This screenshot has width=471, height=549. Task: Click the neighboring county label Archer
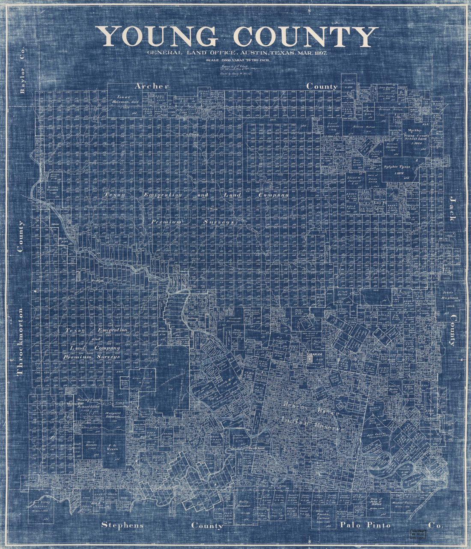tap(152, 86)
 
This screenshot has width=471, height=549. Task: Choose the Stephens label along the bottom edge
tap(122, 525)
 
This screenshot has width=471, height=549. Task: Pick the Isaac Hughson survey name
tap(450, 298)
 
